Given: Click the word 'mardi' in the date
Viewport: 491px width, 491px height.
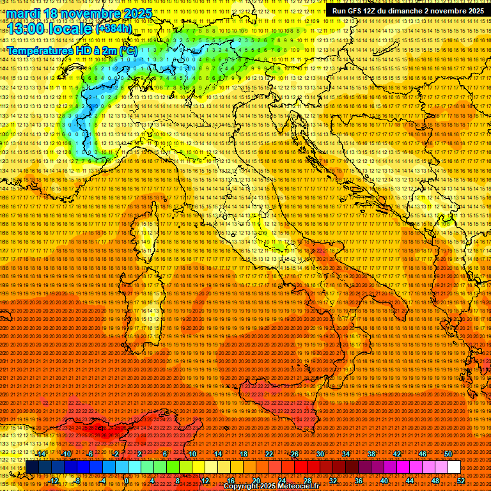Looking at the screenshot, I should [23, 13].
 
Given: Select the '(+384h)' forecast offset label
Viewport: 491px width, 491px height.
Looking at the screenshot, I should [114, 29].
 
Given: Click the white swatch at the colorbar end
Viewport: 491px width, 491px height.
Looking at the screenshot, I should [454, 467].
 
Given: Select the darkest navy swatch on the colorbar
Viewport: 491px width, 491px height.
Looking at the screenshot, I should [32, 467].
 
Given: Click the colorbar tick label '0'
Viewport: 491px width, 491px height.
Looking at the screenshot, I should [127, 481].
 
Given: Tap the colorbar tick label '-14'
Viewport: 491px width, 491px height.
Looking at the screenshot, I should [41, 454].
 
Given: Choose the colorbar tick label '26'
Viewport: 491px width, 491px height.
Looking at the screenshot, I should [295, 454].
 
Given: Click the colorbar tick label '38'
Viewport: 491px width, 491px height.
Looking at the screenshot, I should [371, 454].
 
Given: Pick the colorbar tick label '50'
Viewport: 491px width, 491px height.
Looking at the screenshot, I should [448, 454].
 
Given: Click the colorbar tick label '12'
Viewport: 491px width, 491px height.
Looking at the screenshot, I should [205, 481].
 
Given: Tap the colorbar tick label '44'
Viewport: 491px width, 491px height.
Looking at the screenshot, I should [410, 481].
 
